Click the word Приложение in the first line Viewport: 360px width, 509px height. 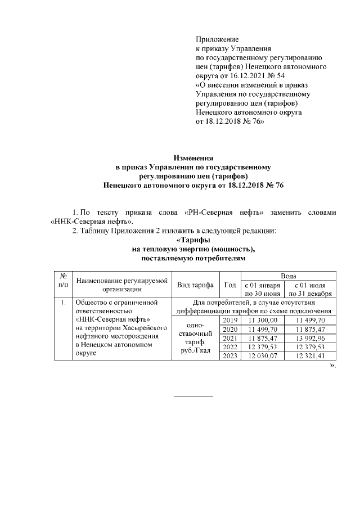pyautogui.click(x=217, y=39)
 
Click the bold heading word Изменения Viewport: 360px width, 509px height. pyautogui.click(x=193, y=158)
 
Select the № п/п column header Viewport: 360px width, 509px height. pyautogui.click(x=63, y=281)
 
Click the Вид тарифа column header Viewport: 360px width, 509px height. pyautogui.click(x=195, y=285)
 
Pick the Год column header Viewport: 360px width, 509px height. pyautogui.click(x=229, y=285)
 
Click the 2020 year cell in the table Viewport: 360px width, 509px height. pyautogui.click(x=229, y=329)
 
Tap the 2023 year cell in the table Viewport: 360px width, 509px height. pyautogui.click(x=229, y=356)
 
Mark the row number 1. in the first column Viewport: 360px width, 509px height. pyautogui.click(x=62, y=303)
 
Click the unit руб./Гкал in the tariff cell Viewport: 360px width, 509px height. pyautogui.click(x=195, y=352)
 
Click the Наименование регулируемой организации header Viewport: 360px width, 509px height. pyautogui.click(x=122, y=285)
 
